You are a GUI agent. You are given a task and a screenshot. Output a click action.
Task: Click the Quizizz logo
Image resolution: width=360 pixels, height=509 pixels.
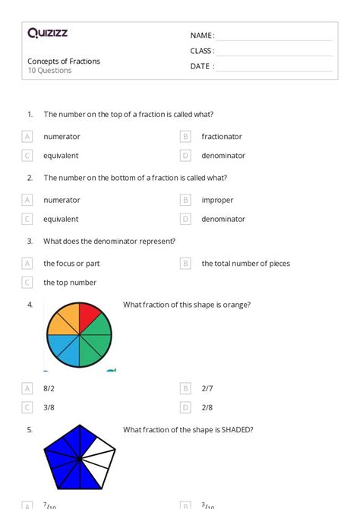pyautogui.click(x=48, y=33)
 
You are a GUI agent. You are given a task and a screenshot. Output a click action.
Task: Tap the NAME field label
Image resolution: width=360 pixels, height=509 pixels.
pyautogui.click(x=202, y=36)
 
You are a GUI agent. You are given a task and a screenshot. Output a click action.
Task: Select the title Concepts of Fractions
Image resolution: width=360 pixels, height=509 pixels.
pyautogui.click(x=64, y=62)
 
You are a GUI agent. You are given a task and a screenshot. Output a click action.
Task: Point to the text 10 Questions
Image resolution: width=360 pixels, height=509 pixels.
pyautogui.click(x=49, y=71)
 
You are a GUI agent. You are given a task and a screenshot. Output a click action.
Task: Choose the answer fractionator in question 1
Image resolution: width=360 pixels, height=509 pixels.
pyautogui.click(x=222, y=137)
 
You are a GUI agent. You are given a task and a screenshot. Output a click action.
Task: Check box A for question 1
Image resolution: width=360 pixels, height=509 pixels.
pyautogui.click(x=27, y=137)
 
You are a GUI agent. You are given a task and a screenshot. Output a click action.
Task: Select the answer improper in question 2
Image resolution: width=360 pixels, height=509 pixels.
pyautogui.click(x=217, y=201)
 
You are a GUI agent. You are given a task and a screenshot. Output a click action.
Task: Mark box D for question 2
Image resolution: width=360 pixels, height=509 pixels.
pyautogui.click(x=185, y=219)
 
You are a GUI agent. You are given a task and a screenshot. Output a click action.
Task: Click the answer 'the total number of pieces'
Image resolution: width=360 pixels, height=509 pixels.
pyautogui.click(x=245, y=264)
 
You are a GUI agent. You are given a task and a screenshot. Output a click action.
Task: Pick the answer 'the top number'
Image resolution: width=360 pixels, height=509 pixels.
pyautogui.click(x=70, y=283)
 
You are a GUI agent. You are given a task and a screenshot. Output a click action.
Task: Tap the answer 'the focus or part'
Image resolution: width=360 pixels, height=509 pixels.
pyautogui.click(x=71, y=264)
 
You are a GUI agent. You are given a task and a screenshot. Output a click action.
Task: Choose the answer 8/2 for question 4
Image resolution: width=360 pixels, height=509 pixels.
pyautogui.click(x=49, y=388)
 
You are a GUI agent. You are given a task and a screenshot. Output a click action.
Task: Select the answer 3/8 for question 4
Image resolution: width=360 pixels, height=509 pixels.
pyautogui.click(x=49, y=407)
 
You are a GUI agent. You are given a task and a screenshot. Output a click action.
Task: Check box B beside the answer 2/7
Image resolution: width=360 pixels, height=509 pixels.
pyautogui.click(x=185, y=388)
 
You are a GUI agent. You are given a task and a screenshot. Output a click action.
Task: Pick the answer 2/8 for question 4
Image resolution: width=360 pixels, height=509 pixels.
pyautogui.click(x=207, y=407)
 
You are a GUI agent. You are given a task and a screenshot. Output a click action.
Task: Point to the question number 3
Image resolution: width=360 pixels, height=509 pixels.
pyautogui.click(x=30, y=242)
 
